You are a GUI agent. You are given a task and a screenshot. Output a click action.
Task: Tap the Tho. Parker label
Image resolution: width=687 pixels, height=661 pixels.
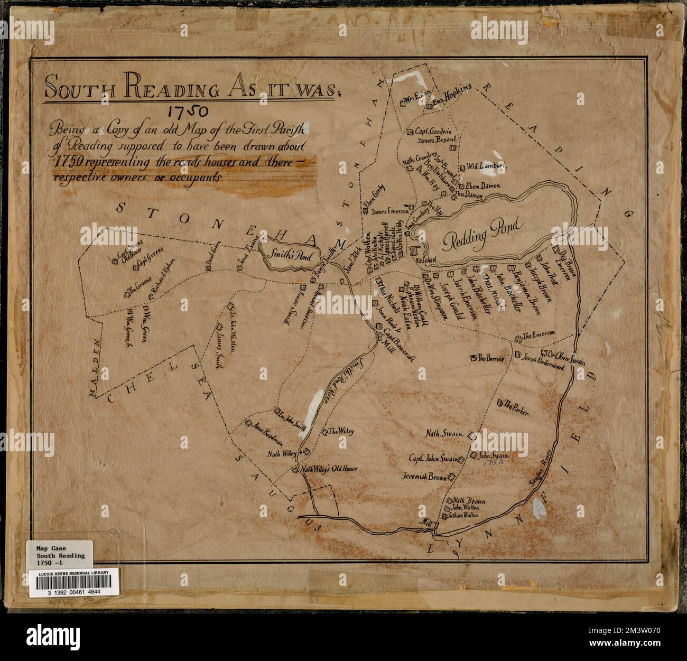[516, 406]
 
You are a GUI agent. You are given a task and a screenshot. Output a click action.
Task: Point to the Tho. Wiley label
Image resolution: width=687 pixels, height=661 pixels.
[341, 431]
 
